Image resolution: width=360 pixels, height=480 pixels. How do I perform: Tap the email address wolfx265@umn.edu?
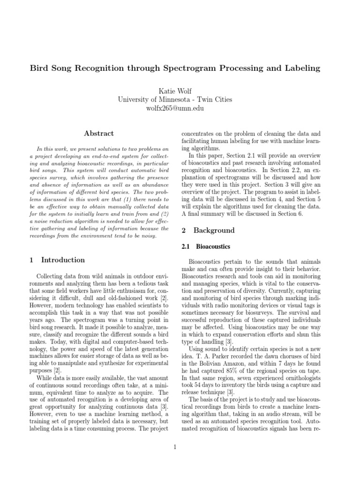click(180, 108)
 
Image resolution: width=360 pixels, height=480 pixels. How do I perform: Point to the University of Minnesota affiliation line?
click(180, 100)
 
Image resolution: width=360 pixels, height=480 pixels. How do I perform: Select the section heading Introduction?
click(63, 260)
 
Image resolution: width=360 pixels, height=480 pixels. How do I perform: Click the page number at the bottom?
click(174, 447)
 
